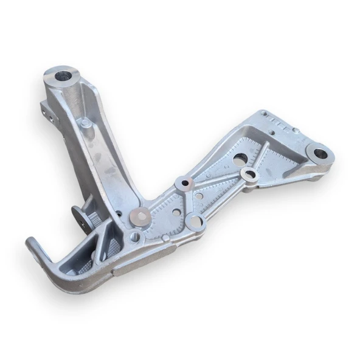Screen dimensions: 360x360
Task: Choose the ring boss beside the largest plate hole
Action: [250, 176]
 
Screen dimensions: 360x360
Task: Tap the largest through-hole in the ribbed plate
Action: [240, 159]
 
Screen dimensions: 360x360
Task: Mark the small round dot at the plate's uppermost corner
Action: [264, 113]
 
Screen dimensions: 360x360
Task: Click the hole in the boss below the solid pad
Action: [135, 236]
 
